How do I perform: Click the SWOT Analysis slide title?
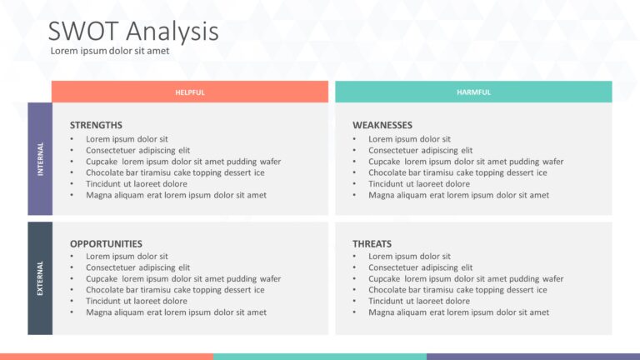point(133,31)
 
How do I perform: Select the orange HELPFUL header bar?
point(189,92)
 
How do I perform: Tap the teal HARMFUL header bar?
point(473,92)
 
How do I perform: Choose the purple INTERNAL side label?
point(40,158)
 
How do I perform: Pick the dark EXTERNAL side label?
point(40,278)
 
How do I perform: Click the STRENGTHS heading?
point(96,125)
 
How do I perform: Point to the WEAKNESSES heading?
point(382,125)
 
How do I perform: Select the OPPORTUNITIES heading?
point(106,244)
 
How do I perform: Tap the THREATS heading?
point(372,244)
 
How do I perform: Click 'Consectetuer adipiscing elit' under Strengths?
point(137,151)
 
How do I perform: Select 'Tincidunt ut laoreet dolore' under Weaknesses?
point(418,184)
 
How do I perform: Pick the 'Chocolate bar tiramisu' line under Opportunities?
point(175,290)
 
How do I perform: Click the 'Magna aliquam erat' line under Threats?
point(458,312)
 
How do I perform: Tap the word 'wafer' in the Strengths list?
point(269,162)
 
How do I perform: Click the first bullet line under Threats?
point(409,257)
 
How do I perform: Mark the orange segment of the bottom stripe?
point(106,356)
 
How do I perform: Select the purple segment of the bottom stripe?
point(533,356)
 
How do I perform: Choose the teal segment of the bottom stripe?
point(319,356)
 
